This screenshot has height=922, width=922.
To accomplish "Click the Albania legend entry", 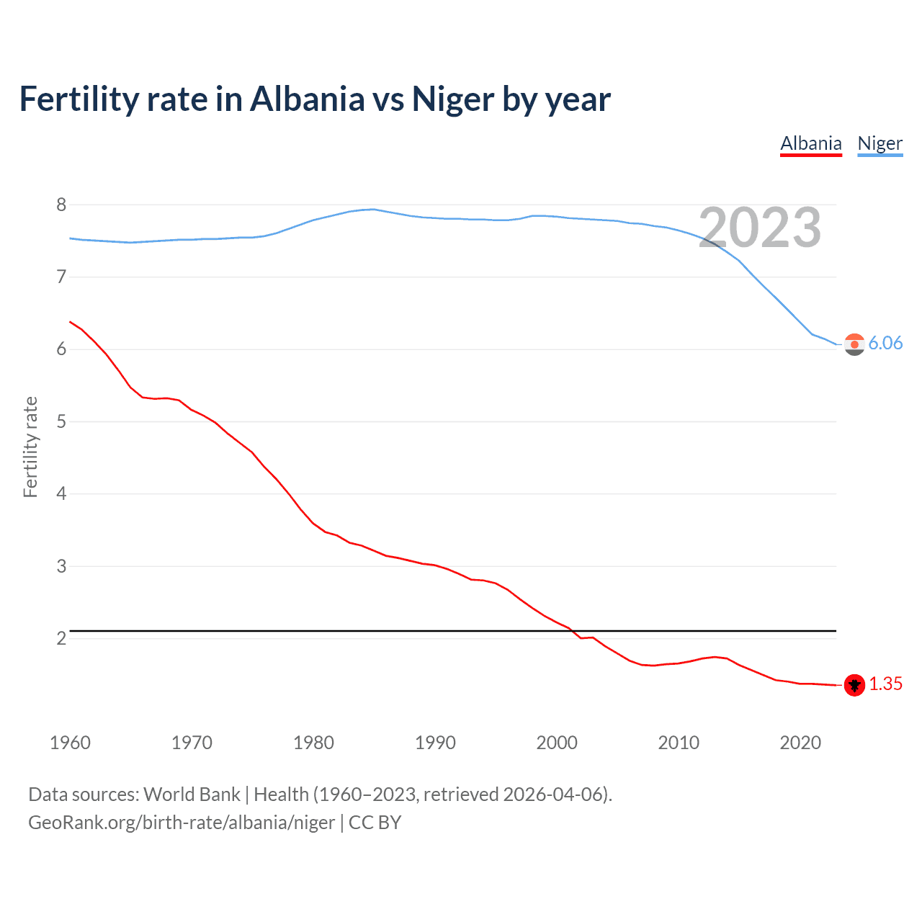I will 811,143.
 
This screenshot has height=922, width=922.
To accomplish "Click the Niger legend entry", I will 880,143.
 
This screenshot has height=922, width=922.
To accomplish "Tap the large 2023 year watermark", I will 760,228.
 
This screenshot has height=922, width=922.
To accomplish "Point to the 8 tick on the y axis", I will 61,205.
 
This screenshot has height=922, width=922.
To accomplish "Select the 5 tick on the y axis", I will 61,421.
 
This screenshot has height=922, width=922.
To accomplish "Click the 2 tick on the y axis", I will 61,639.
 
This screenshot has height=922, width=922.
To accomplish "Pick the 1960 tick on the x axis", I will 70,743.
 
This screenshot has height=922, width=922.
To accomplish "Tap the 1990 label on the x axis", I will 435,743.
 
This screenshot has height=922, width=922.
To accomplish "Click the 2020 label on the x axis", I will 800,743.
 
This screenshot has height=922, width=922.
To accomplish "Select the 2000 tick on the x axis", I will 557,743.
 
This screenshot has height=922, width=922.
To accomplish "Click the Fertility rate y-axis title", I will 30,447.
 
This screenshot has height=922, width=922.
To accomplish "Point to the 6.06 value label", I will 885,343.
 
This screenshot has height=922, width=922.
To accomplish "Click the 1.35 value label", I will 885,684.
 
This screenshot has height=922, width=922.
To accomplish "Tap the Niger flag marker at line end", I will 854,344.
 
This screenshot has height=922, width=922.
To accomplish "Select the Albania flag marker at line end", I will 854,685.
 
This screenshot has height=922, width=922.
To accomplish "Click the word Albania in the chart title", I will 308,99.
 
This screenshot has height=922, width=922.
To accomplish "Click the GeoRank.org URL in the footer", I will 182,823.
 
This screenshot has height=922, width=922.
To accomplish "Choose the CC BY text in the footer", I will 375,823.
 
